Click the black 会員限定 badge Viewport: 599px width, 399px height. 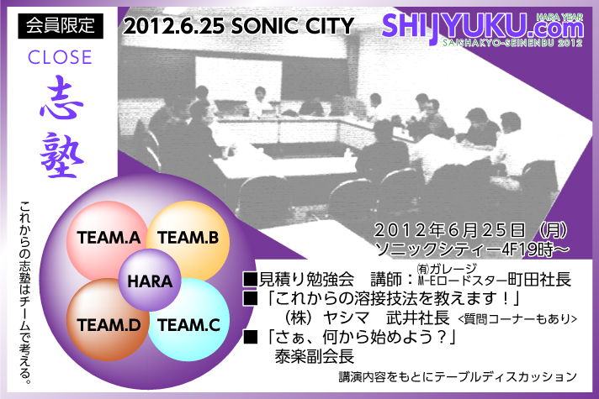61,26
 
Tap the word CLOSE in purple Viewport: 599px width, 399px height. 60,57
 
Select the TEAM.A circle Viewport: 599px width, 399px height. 108,240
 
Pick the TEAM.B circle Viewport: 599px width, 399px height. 188,239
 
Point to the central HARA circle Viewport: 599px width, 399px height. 150,281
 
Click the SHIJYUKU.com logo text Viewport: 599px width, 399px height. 483,27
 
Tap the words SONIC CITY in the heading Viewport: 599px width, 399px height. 292,26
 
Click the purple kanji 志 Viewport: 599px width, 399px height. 61,97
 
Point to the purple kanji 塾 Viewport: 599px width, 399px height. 62,155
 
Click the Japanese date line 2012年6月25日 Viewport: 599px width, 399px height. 449,230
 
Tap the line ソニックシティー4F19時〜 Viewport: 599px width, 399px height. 472,249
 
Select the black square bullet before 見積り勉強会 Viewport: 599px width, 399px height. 250,279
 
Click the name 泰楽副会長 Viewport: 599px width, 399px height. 315,356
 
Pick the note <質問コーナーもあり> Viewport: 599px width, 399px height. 517,318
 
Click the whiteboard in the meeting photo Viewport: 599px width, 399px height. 239,78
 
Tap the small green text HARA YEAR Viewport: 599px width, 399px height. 559,17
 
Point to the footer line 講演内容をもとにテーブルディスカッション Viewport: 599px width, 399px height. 458,377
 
